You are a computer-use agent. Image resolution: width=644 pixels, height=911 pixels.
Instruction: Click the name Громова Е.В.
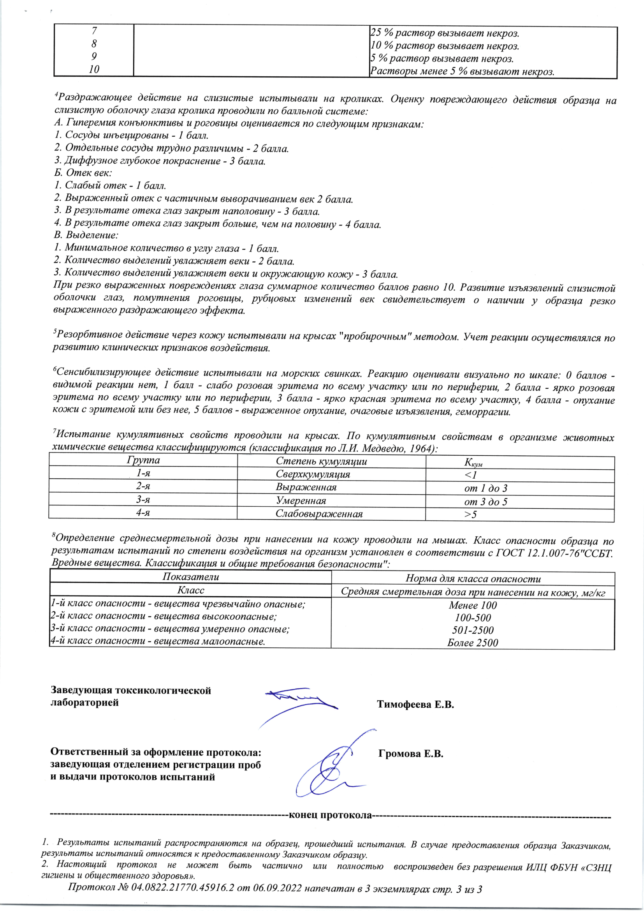pos(410,754)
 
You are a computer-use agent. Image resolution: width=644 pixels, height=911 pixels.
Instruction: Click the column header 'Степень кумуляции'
pos(321,462)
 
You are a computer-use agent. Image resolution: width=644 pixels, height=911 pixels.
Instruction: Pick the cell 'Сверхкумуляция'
pos(313,474)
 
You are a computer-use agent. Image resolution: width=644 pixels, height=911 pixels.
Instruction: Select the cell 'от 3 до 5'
pos(486,502)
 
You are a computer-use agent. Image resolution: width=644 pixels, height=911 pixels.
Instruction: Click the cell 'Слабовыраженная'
pos(319,514)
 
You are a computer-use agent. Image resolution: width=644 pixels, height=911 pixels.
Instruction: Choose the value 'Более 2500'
pos(472,643)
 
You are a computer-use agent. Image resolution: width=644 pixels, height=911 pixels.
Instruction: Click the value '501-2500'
pos(473,630)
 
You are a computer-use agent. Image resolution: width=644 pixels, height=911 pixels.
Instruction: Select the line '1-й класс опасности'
pos(177,604)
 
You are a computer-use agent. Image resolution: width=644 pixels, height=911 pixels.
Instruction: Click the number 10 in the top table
pos(94,69)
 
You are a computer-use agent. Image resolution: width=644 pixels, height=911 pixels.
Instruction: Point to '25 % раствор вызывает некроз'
pos(445,33)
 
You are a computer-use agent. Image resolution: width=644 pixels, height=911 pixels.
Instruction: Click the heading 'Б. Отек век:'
pos(83,173)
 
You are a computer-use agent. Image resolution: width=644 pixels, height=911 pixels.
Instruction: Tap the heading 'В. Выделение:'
pos(86,235)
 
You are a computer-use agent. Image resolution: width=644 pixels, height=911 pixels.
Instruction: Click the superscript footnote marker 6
pos(55,369)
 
